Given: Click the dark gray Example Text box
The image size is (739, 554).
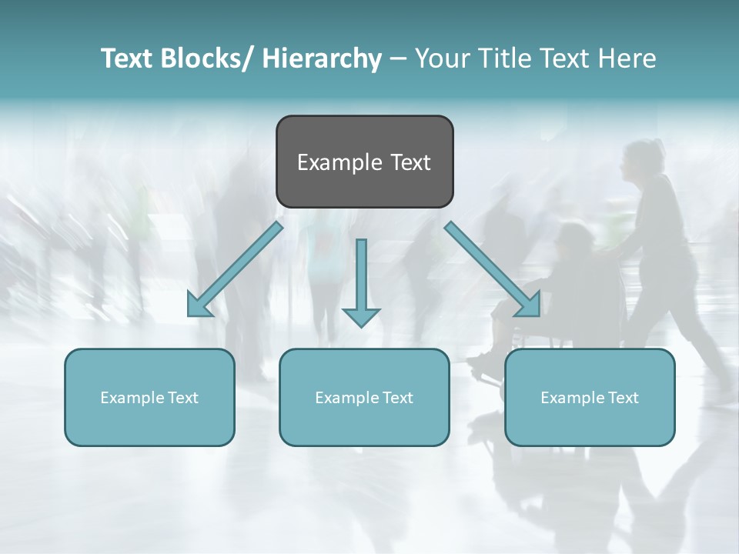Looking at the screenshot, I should tap(364, 162).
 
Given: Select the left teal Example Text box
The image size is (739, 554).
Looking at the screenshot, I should tap(149, 397).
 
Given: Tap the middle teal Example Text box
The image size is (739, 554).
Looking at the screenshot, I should tap(364, 397).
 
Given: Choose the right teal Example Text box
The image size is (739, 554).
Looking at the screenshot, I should tap(590, 397).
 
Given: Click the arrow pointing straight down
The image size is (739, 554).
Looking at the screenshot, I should tap(361, 281).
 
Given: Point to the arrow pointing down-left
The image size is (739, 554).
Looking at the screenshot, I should tap(235, 269).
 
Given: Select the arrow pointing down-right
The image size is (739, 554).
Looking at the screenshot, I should tap(493, 269).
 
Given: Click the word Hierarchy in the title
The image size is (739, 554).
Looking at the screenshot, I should tap(322, 58).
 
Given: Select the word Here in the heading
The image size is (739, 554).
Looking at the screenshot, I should tap(628, 58).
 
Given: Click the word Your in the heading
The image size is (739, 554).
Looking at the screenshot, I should tap(440, 58).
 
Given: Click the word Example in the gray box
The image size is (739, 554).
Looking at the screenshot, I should tap(339, 162).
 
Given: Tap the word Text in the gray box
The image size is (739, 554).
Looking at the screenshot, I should tap(410, 162).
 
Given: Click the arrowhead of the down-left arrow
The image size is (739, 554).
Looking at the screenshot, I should tap(199, 305).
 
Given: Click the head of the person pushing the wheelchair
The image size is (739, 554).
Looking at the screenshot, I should tap(644, 158).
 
